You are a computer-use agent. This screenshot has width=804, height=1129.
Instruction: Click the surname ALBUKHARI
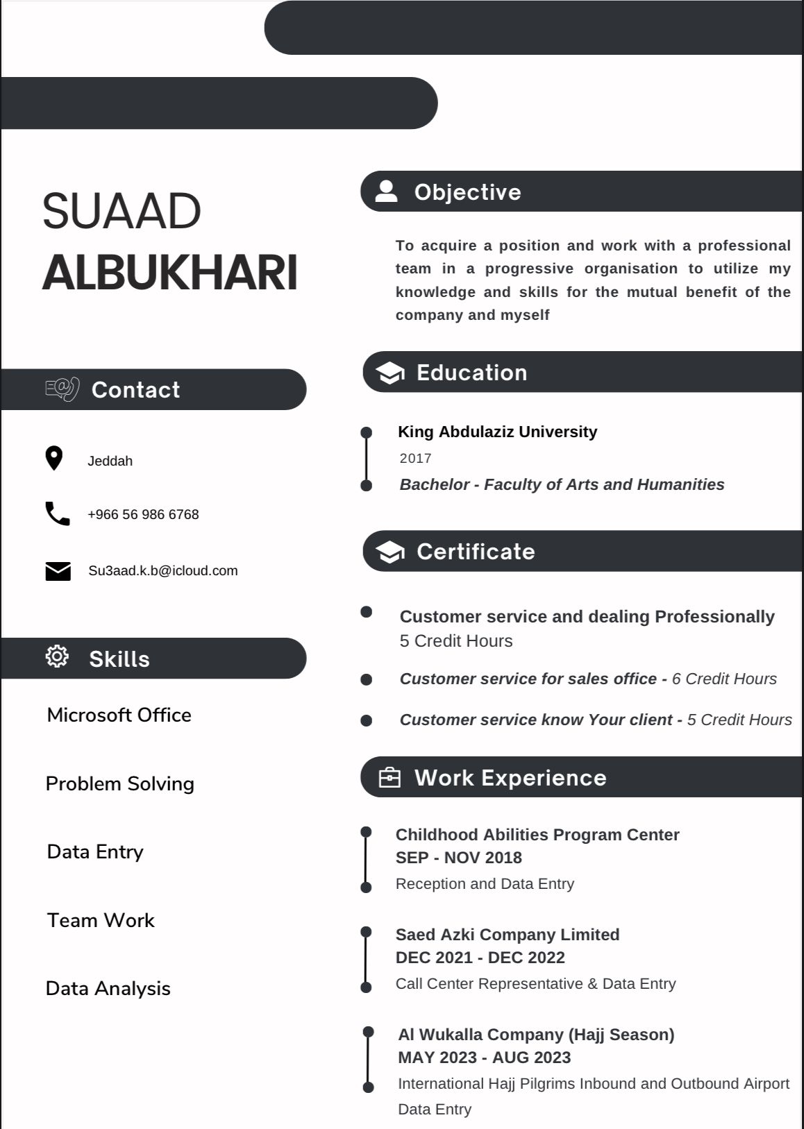pos(169,272)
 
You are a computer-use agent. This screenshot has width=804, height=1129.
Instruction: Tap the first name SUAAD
pos(122,211)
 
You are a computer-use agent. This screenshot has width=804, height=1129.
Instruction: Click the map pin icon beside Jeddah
pos(54,459)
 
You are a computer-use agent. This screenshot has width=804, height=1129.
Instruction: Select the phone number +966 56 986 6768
pos(143,514)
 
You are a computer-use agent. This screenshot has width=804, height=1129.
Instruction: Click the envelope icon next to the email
pos(58,571)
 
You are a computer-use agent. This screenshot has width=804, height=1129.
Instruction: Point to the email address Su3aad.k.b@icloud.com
pos(162,570)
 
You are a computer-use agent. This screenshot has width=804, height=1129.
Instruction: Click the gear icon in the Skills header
pos(57,656)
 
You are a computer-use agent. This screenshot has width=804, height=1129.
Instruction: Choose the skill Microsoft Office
pos(119,715)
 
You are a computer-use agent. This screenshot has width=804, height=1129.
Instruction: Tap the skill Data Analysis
pos(108,988)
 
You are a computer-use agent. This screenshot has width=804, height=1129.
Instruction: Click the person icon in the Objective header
pos(386,191)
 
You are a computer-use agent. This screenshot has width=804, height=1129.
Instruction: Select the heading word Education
pos(471,373)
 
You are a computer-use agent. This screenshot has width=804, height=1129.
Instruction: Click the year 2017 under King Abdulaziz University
pos(415,458)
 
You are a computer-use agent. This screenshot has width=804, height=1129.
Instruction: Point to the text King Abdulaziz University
pos(497,432)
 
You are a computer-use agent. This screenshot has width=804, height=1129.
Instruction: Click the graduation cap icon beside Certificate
pos(390,552)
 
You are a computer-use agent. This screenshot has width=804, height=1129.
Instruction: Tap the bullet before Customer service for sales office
pos(367,679)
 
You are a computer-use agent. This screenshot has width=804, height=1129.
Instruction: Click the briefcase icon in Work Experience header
pos(390,777)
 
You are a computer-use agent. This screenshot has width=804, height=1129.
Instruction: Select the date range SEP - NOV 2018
pos(458,858)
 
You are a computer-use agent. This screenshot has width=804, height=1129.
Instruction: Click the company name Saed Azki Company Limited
pos(507,935)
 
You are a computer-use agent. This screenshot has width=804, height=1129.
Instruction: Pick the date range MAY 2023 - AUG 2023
pos(484,1058)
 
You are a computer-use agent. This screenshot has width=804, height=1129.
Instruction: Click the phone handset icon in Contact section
pos(57,513)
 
